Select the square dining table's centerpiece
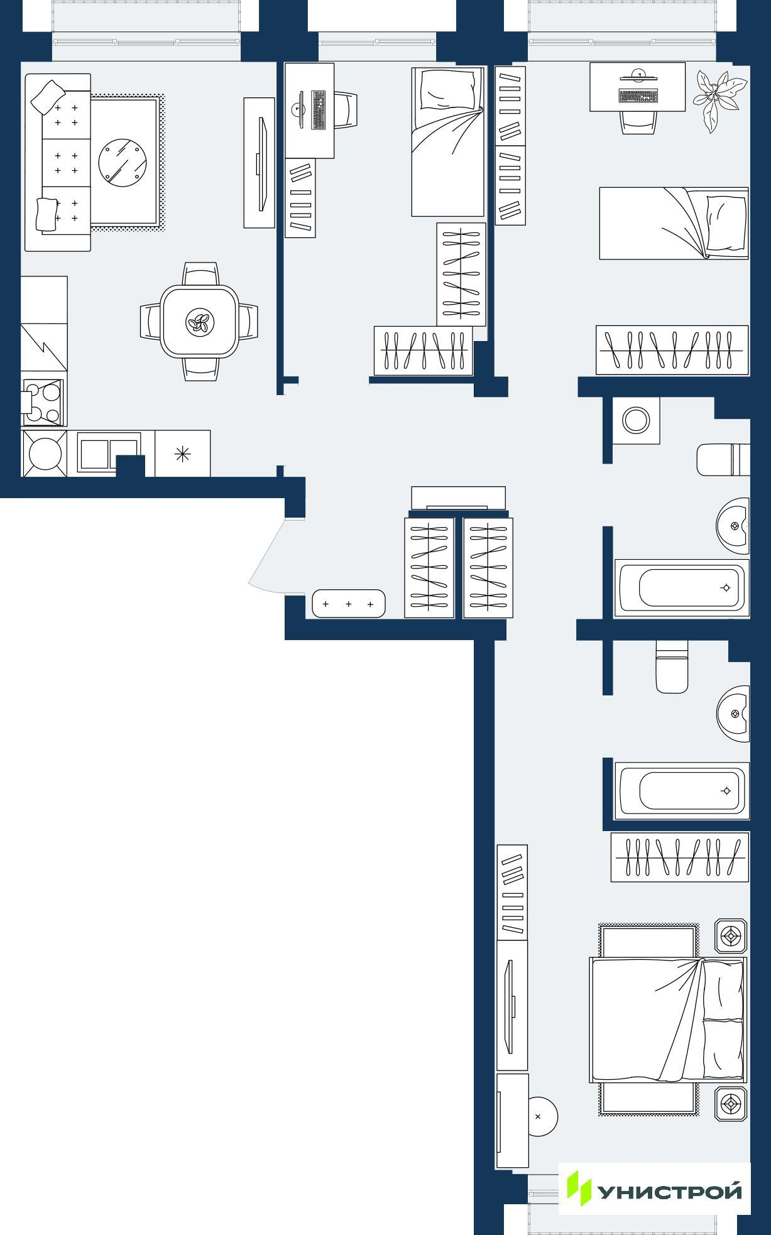200,323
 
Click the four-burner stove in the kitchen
43,402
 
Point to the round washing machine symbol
636,420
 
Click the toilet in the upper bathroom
723,460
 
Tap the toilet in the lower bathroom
672,666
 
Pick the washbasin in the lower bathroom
733,714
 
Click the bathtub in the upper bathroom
682,588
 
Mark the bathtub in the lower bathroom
682,791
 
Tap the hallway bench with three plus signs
348,604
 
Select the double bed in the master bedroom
667,1020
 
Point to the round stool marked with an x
540,1117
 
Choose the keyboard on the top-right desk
638,96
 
